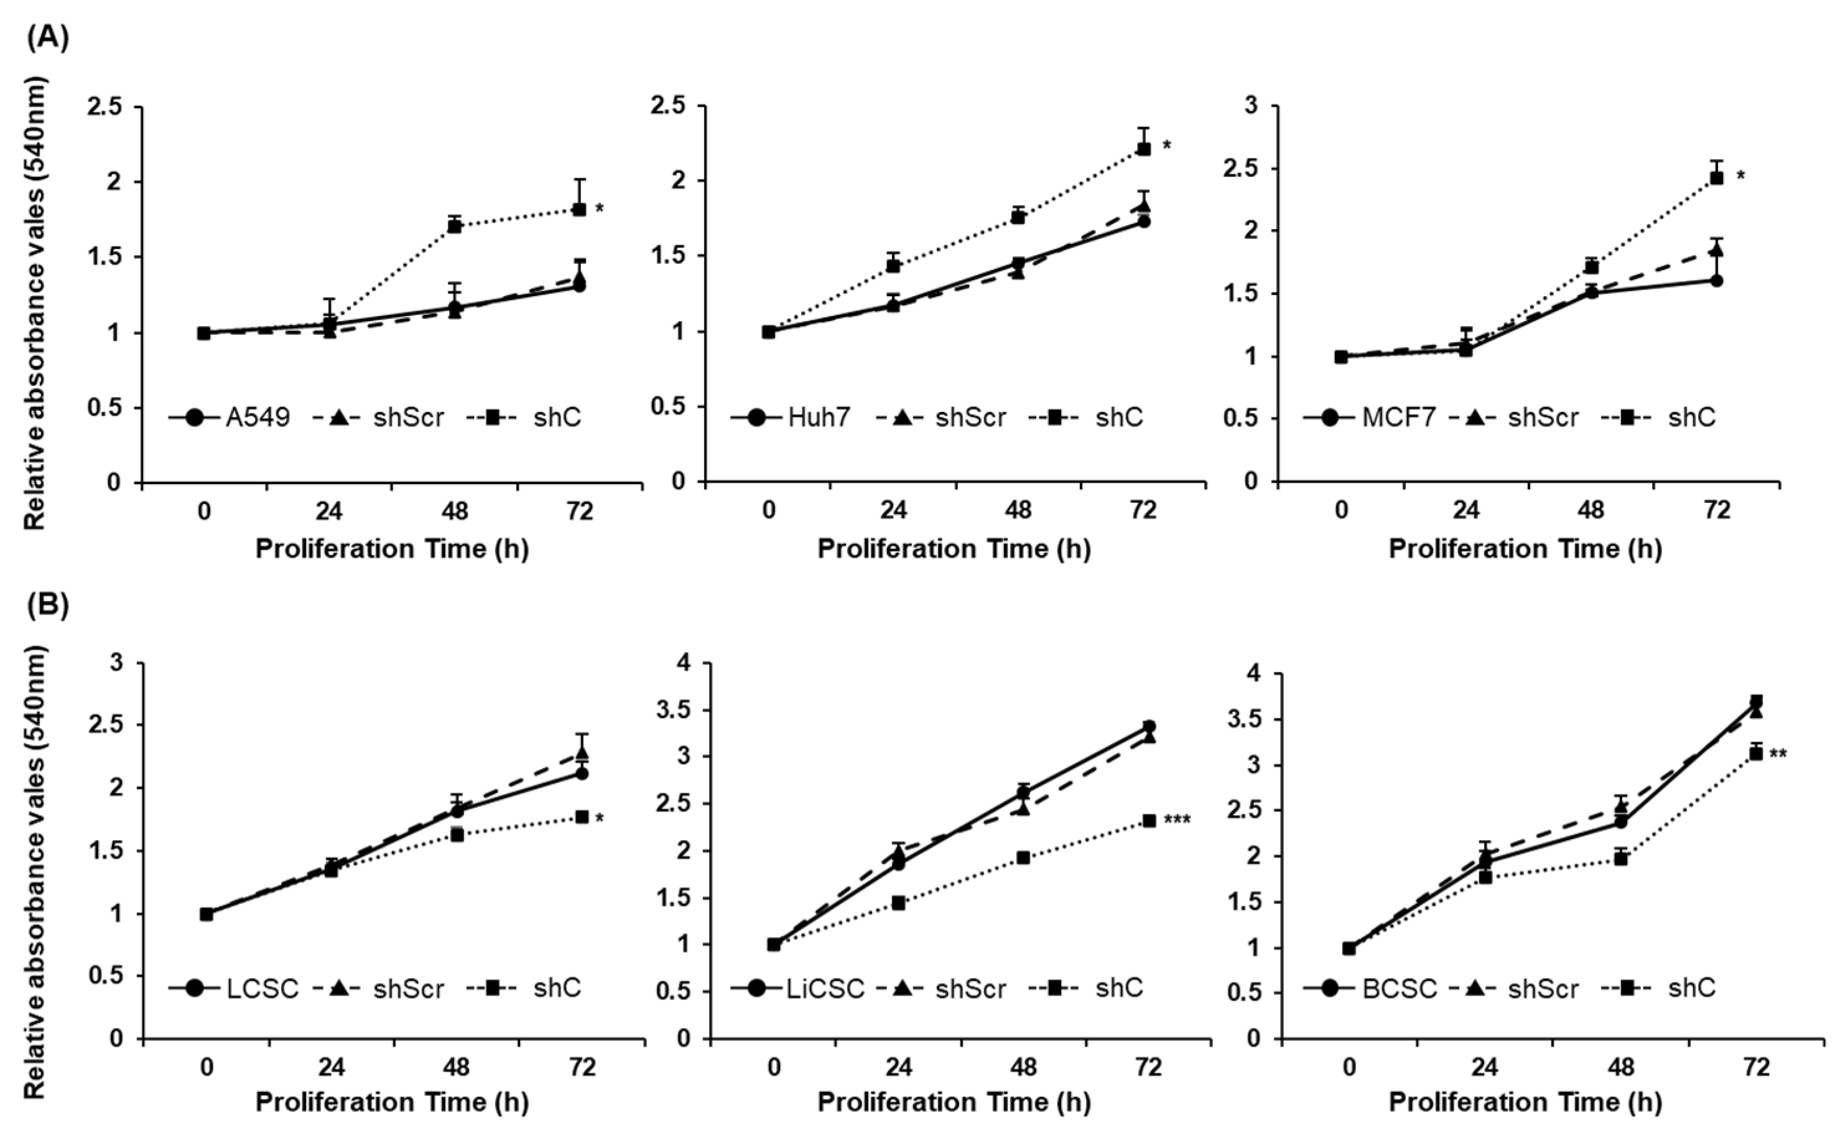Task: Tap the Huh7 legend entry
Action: pos(820,418)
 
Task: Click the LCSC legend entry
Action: pos(262,989)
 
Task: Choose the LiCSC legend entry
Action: pos(826,989)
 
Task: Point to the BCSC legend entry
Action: pos(1399,989)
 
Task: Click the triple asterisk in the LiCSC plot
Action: pos(1177,821)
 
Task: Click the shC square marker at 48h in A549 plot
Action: pos(454,226)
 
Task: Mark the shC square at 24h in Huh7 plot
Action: pos(893,266)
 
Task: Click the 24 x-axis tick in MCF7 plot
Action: pos(1467,510)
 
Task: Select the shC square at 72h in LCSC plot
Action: pos(582,817)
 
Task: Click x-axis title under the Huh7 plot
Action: pos(954,549)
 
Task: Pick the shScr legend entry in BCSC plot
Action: pos(1543,989)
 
